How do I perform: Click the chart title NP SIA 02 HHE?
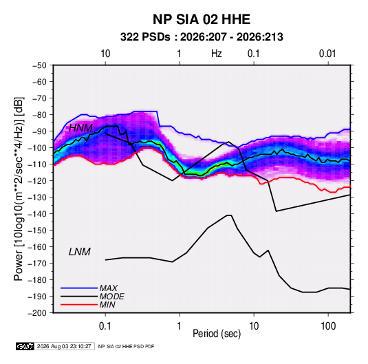coord(202,19)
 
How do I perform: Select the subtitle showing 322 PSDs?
coord(202,37)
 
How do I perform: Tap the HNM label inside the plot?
coord(80,128)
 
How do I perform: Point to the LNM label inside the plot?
coord(80,252)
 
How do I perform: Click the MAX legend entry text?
coord(109,288)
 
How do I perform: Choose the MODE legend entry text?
coord(111,297)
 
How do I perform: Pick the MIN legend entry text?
coord(107,305)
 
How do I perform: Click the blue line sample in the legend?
coord(79,288)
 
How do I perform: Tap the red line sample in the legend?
coord(79,305)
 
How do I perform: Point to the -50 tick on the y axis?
coord(39,65)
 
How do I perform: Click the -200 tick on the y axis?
coord(37,313)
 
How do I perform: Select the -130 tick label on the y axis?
coord(37,197)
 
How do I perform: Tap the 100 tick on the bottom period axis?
coord(328,326)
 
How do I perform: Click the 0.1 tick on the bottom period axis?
coord(105,326)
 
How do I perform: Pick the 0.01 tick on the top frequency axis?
coord(327,54)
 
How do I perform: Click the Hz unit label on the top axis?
coord(217,54)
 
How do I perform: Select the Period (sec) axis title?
coord(217,334)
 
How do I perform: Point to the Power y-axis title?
coord(19,189)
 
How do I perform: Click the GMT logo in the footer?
coord(25,346)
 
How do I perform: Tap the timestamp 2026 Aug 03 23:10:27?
coord(64,346)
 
